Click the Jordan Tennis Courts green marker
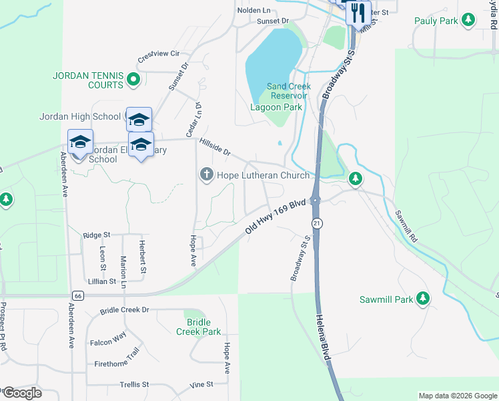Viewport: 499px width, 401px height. (x=133, y=80)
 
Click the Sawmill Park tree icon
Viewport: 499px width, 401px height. (x=422, y=299)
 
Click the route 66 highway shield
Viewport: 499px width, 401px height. (x=79, y=295)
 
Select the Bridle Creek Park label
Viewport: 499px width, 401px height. (x=199, y=327)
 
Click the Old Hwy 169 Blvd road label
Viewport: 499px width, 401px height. (x=275, y=215)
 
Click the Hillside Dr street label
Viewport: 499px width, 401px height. (x=215, y=146)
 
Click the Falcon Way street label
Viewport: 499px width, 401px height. (x=108, y=339)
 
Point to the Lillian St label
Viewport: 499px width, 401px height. (x=101, y=281)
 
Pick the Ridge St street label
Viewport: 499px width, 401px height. (x=97, y=235)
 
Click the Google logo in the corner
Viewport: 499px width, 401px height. (x=21, y=393)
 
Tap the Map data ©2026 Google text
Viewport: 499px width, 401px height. (x=457, y=396)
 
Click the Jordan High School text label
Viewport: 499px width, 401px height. (x=80, y=116)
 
